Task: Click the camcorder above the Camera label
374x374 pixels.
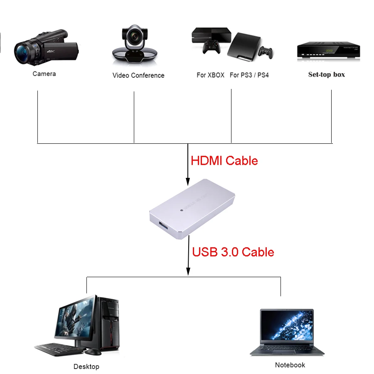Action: coord(46,48)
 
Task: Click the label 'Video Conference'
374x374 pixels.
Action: coord(138,76)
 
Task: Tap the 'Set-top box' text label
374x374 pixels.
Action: coord(326,75)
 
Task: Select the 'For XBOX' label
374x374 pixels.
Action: coord(210,75)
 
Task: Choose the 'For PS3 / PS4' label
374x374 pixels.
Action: coord(249,75)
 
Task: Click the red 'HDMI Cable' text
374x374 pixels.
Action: coord(224,161)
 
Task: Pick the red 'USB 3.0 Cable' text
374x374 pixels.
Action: coord(233,252)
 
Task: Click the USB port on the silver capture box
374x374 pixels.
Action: coord(162,226)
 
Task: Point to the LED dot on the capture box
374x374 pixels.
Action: coord(182,210)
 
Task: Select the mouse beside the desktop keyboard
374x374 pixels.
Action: coord(93,352)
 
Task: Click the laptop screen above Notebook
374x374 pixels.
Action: coord(286,328)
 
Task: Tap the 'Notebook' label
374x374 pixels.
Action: coord(290,365)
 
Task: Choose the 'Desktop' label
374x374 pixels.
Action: coord(86,367)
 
